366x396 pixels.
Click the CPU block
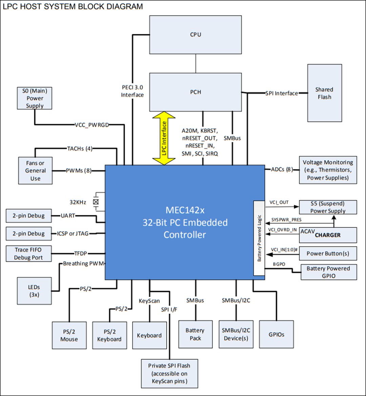tap(196, 35)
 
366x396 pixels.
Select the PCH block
tap(196, 92)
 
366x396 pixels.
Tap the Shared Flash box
tap(324, 93)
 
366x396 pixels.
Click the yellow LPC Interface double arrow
tap(164, 138)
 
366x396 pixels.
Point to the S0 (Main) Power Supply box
tap(35, 98)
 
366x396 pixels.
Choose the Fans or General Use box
tap(35, 171)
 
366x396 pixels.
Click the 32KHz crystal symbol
tap(96, 202)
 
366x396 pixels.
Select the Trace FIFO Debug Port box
tap(29, 254)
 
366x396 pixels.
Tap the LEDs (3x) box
tap(34, 291)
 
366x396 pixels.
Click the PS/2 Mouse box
tap(69, 335)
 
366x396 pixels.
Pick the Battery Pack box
tap(195, 334)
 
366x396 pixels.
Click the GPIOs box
tap(276, 334)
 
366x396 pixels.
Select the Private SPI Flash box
tap(169, 374)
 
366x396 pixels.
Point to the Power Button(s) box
tap(328, 253)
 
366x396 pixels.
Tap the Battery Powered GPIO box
tap(328, 272)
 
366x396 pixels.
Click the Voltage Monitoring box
tap(328, 170)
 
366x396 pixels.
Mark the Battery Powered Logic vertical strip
tap(259, 238)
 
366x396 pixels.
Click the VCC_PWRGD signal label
tap(91, 125)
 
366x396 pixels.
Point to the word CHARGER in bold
tap(328, 235)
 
